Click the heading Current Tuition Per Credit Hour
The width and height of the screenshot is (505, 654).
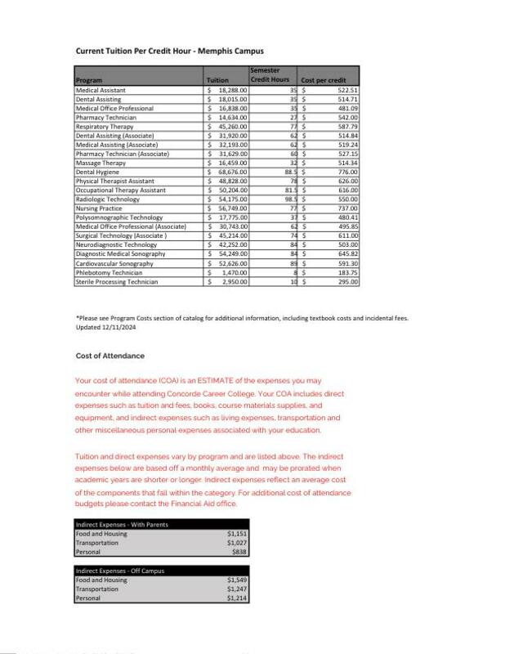tap(169, 51)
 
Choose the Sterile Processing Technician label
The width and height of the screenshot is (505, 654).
tap(117, 281)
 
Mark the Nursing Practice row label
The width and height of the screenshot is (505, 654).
tap(99, 208)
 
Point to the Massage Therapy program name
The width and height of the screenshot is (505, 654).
tap(101, 163)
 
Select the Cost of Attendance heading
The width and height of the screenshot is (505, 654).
tap(109, 356)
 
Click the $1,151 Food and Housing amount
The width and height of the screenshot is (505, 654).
tap(237, 533)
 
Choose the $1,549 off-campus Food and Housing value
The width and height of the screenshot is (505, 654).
tap(237, 580)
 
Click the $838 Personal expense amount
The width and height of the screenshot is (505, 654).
tap(239, 552)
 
